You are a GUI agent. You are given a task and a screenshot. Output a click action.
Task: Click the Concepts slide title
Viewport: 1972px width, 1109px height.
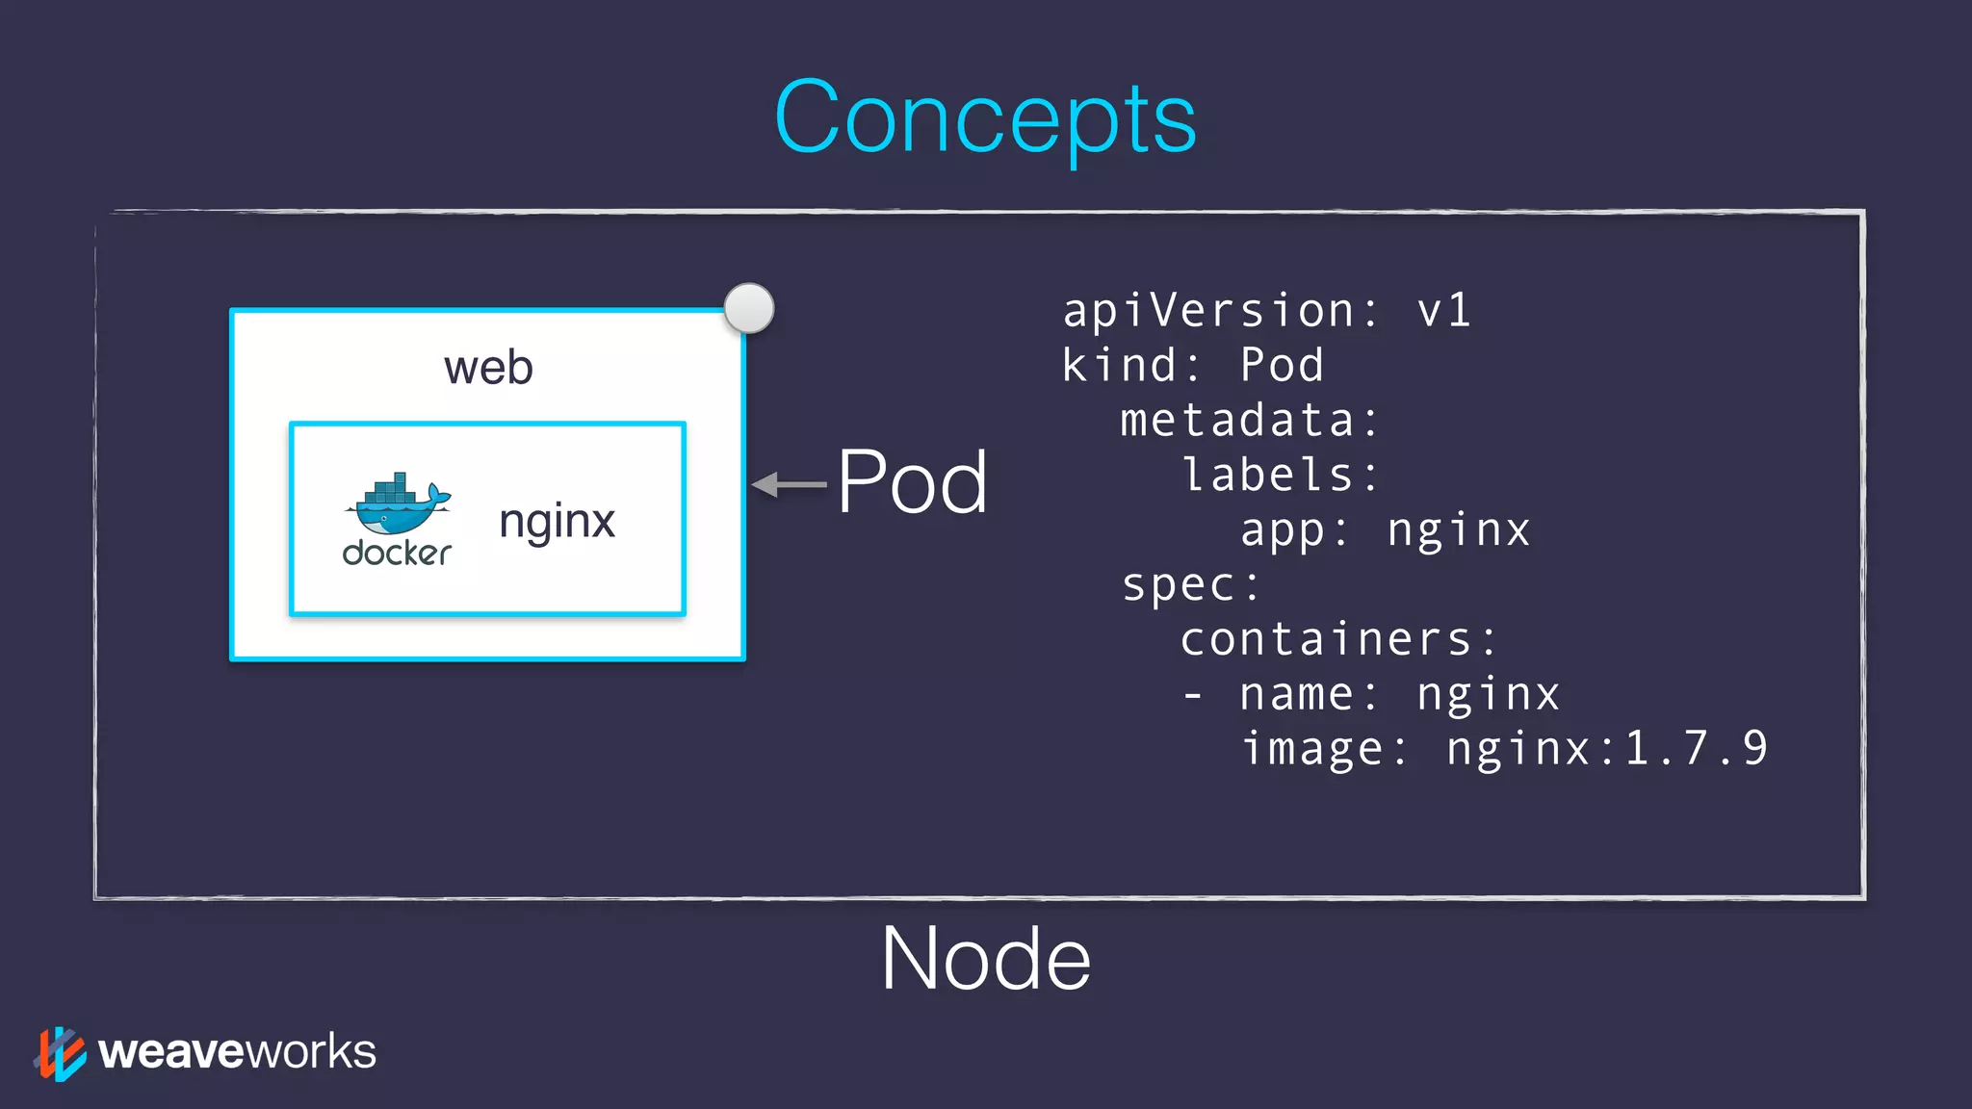coord(985,117)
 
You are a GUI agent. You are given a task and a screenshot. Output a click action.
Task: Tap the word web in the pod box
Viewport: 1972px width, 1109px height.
coord(488,368)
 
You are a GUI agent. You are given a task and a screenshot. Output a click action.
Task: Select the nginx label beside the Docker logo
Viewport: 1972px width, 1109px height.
coord(557,522)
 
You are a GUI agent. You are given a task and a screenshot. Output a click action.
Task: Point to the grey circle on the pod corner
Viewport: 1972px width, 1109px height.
coord(749,308)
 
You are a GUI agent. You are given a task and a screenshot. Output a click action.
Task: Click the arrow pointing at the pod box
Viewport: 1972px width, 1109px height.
coord(788,484)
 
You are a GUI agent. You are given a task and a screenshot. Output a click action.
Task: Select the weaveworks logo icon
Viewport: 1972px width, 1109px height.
coord(60,1053)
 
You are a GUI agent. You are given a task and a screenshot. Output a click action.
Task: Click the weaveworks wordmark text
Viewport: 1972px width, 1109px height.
coord(237,1051)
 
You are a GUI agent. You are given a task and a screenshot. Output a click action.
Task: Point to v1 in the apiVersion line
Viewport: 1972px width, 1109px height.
coord(1443,311)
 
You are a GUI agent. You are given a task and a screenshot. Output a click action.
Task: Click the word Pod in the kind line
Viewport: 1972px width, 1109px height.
coord(1282,366)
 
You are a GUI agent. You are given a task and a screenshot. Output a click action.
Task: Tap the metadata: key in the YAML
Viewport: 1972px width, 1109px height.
coord(1250,421)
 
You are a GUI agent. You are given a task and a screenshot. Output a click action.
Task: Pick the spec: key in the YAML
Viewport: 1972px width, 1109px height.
coord(1191,585)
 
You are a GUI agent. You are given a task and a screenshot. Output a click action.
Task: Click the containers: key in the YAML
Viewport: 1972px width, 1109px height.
coord(1338,640)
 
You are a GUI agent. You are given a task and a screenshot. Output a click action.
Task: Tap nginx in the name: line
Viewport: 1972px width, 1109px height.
coord(1488,695)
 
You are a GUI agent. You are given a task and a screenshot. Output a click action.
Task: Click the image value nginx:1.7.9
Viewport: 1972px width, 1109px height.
coord(1606,749)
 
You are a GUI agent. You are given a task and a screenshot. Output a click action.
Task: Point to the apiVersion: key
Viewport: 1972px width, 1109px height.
coord(1221,311)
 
